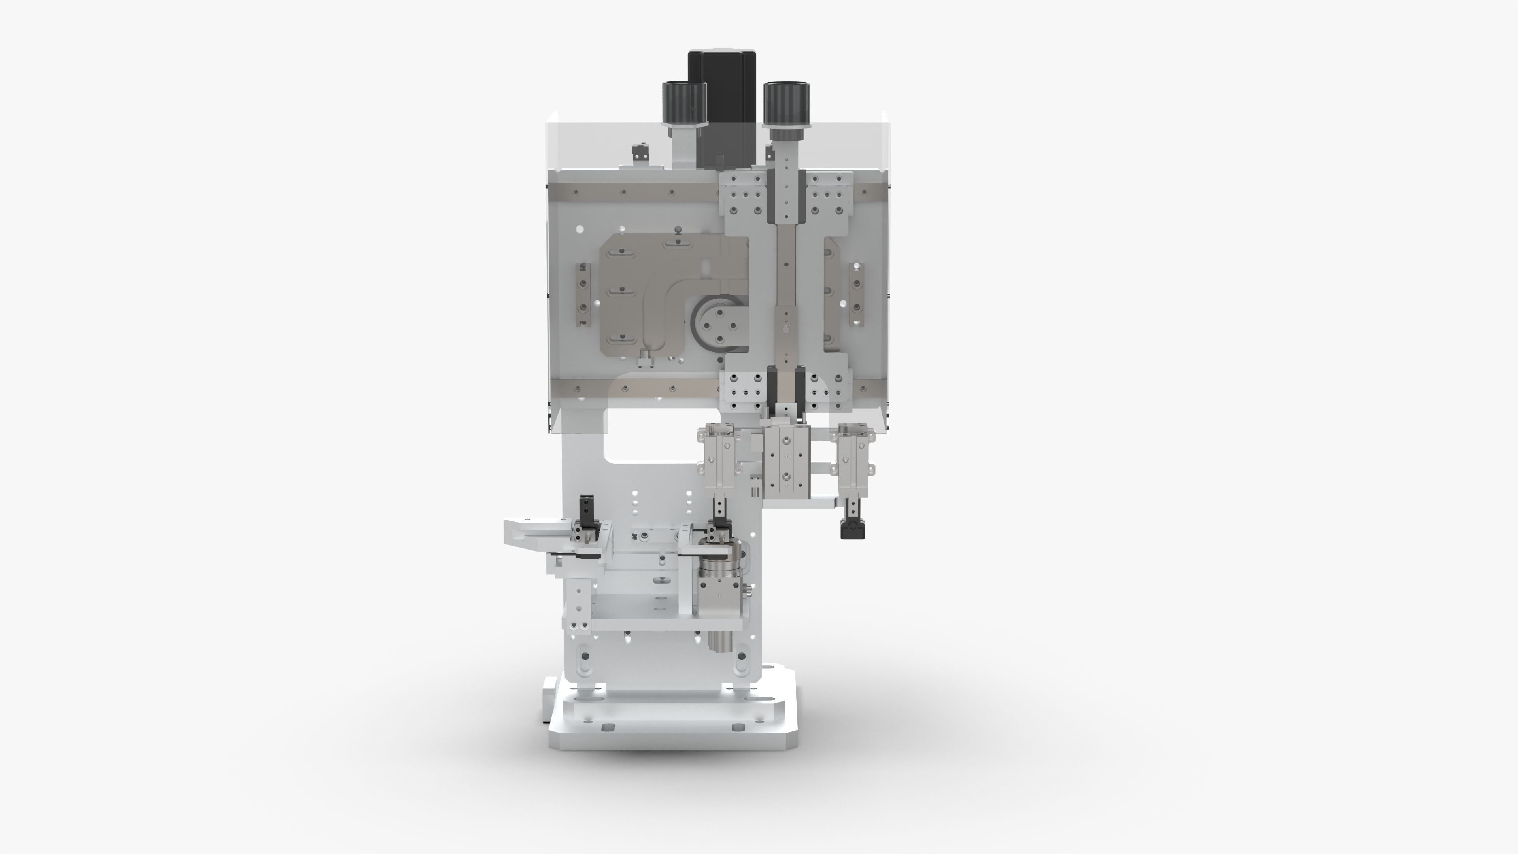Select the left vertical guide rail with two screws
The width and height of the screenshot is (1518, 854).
point(583,295)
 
